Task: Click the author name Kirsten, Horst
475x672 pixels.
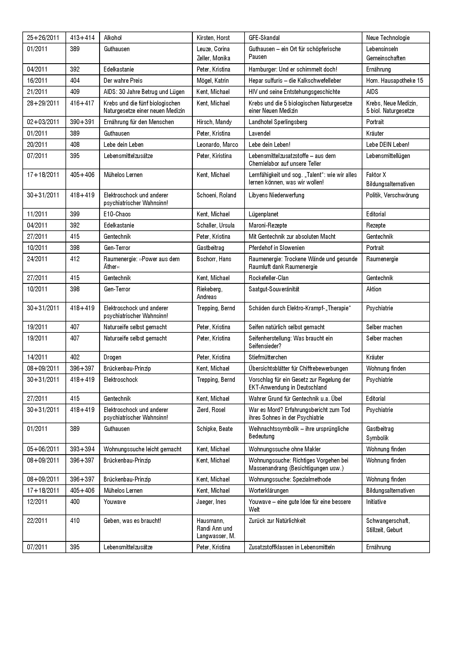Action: pyautogui.click(x=213, y=38)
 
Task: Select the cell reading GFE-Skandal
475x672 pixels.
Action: pyautogui.click(x=264, y=38)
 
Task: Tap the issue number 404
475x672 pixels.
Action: pyautogui.click(x=75, y=80)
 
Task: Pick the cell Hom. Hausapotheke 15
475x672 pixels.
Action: pyautogui.click(x=395, y=80)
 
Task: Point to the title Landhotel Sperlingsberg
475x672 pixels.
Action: pyautogui.click(x=278, y=122)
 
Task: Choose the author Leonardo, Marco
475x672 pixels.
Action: pyautogui.click(x=217, y=145)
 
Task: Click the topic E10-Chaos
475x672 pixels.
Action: pyautogui.click(x=117, y=214)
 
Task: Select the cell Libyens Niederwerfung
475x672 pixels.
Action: pyautogui.click(x=276, y=195)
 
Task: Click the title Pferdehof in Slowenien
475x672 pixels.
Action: pyautogui.click(x=276, y=248)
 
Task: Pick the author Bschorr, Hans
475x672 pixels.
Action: pyautogui.click(x=214, y=259)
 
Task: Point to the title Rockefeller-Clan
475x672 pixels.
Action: pyautogui.click(x=268, y=278)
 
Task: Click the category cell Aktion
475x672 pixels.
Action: pyautogui.click(x=374, y=289)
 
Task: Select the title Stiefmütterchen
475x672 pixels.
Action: pyautogui.click(x=268, y=357)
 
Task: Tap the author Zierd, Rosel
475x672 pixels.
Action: pyautogui.click(x=211, y=410)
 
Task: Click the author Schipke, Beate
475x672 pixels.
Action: pyautogui.click(x=215, y=429)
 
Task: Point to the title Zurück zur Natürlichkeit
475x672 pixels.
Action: pyautogui.click(x=277, y=521)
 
